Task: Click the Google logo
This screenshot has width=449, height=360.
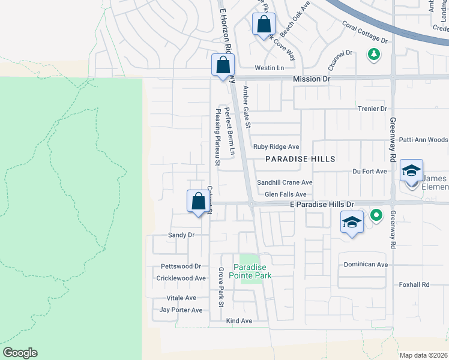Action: tap(20, 353)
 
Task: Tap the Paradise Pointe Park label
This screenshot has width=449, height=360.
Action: tap(252, 271)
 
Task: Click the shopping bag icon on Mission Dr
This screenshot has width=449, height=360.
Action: tap(223, 65)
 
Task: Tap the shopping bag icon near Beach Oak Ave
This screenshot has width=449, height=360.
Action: tap(264, 25)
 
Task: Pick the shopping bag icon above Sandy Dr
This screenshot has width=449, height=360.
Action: tap(198, 202)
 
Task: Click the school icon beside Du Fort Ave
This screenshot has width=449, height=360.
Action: tap(411, 171)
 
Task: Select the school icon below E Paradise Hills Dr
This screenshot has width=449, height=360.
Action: tap(352, 223)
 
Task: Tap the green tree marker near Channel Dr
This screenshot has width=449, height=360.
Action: tap(374, 55)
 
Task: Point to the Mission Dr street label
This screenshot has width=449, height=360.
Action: tap(312, 79)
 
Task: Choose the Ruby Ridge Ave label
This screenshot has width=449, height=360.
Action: tap(276, 146)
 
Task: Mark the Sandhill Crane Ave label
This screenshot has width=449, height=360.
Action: tap(285, 182)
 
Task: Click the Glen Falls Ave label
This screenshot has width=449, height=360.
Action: tap(285, 194)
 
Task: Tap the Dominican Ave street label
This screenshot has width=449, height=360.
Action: tap(366, 264)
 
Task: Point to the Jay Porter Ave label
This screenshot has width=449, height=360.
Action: tap(181, 310)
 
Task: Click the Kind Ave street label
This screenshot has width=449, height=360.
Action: tap(239, 321)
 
